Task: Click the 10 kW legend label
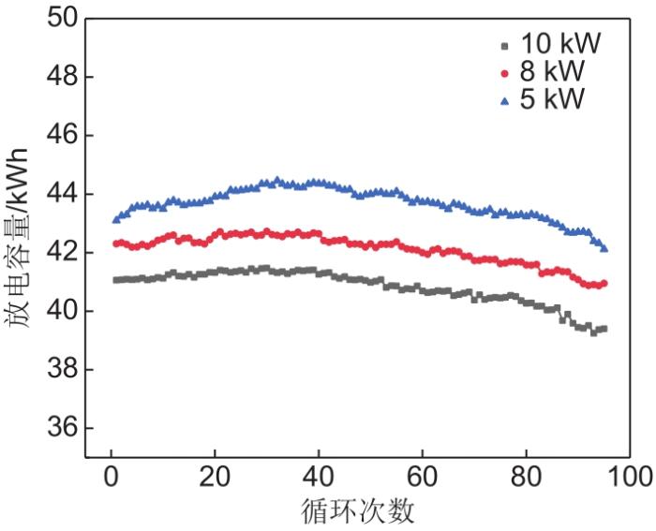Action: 560,44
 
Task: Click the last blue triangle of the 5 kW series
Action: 604,249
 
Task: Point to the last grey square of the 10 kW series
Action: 604,329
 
